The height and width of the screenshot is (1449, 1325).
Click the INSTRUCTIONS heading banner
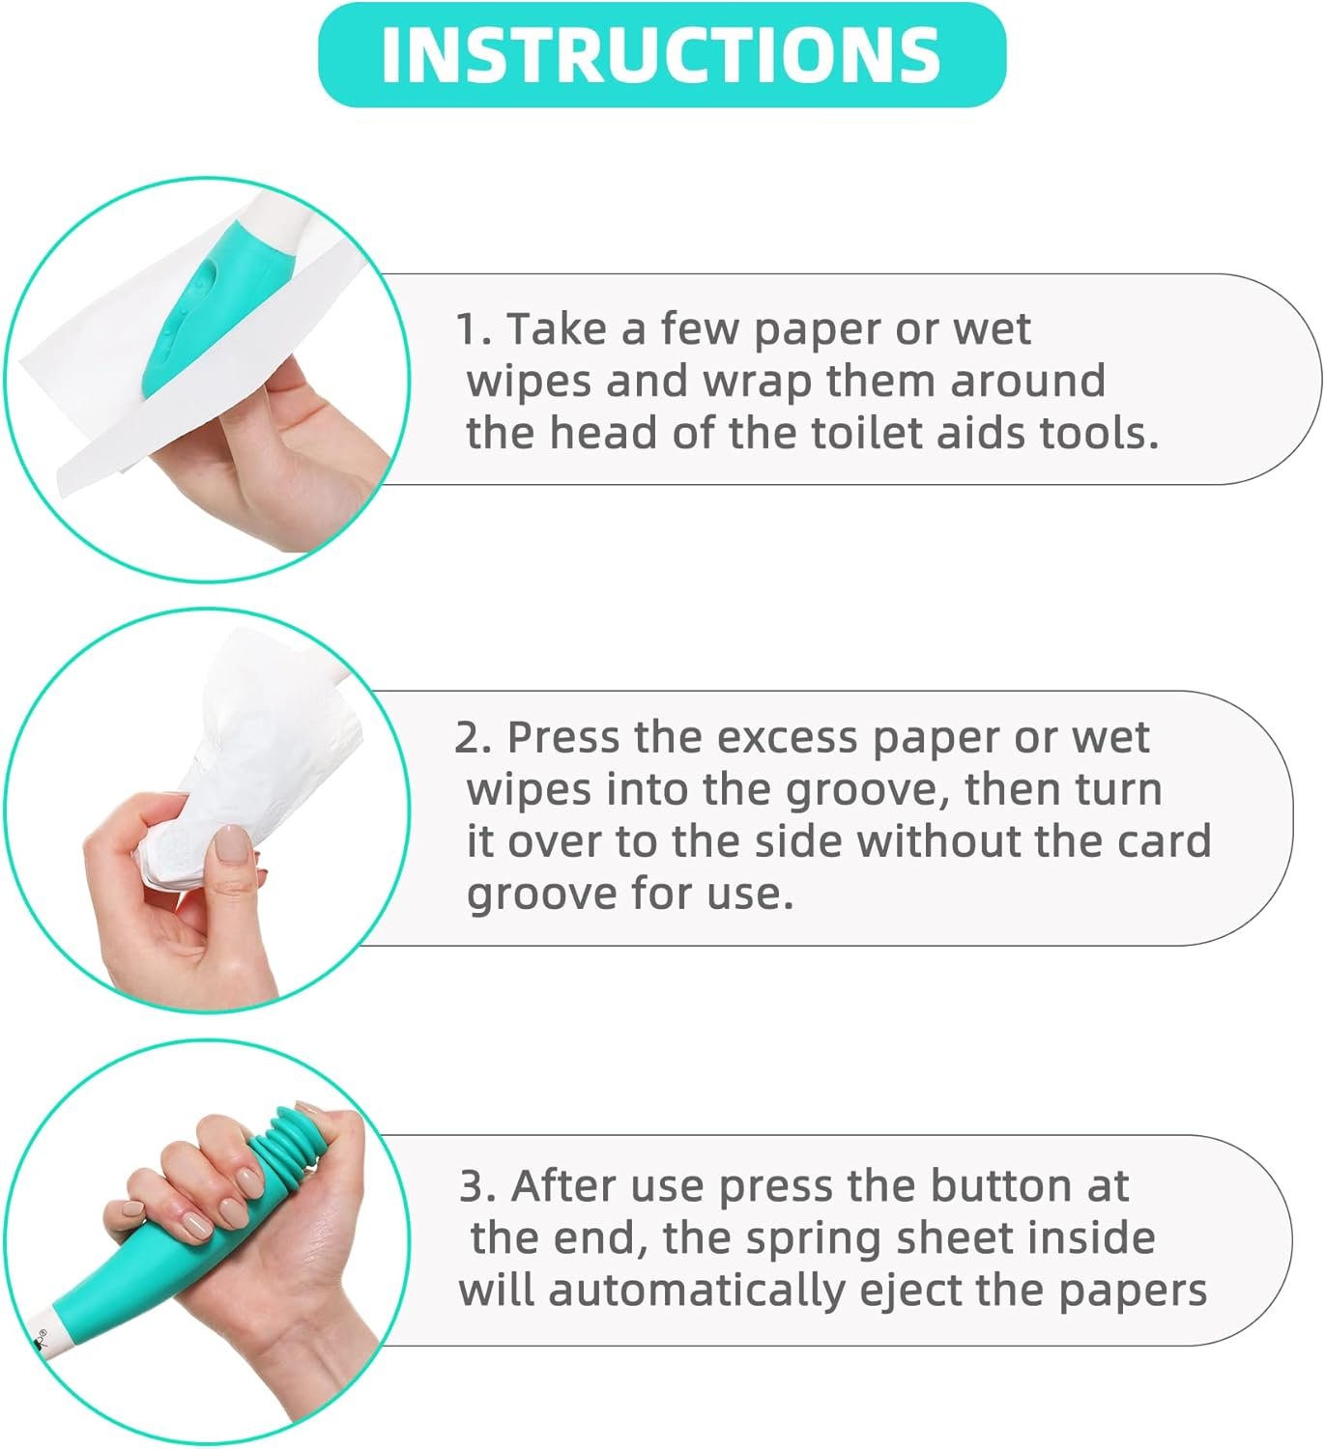(x=662, y=55)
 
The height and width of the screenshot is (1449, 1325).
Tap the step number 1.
(x=471, y=330)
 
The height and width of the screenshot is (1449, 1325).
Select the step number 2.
(x=472, y=739)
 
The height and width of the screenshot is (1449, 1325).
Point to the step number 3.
(x=475, y=1186)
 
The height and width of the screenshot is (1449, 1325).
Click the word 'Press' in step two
(x=563, y=738)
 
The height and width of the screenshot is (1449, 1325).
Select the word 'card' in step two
(x=1164, y=841)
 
